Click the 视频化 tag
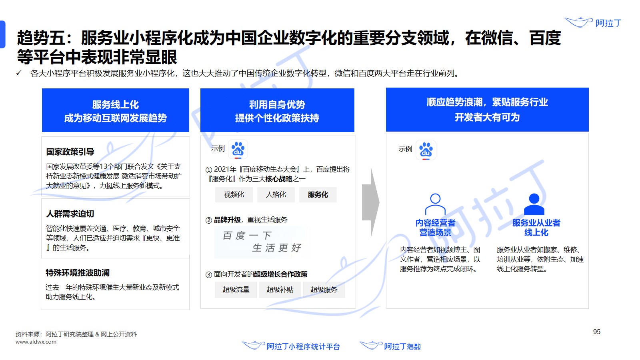[234, 194]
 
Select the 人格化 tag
[276, 194]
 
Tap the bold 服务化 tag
[318, 194]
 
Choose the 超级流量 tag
[236, 290]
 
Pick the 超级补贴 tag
[280, 290]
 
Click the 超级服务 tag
[324, 290]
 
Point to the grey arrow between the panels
[370, 202]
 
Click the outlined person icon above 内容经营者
[435, 204]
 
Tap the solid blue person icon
[534, 204]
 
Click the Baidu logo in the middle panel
[238, 149]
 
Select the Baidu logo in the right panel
[426, 150]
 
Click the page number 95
[596, 332]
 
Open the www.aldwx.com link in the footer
[36, 342]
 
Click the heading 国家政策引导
[70, 152]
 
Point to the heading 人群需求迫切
[70, 214]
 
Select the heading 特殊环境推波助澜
[78, 273]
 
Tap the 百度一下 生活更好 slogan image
[262, 242]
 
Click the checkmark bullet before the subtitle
[19, 73]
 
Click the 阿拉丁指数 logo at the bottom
[390, 346]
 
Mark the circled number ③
[208, 274]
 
